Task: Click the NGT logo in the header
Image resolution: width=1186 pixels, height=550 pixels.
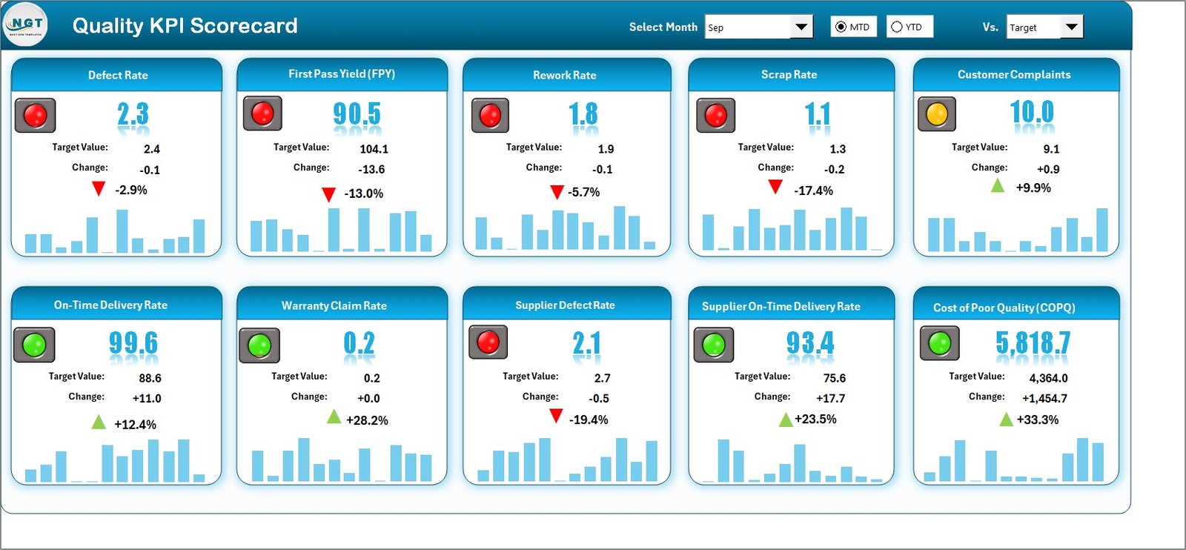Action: [x=26, y=24]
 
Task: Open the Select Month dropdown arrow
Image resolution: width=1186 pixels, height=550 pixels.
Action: [x=801, y=27]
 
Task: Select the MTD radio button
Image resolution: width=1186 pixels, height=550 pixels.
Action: [x=841, y=27]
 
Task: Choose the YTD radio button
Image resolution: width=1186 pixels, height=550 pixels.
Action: [x=897, y=27]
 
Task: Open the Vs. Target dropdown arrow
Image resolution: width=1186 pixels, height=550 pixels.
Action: [x=1071, y=27]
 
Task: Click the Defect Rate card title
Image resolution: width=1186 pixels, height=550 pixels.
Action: [x=118, y=75]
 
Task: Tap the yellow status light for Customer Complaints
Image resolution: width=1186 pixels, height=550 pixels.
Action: [x=937, y=114]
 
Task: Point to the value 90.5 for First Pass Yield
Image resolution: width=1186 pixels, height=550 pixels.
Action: [x=357, y=114]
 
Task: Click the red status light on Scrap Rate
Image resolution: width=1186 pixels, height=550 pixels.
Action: [x=715, y=116]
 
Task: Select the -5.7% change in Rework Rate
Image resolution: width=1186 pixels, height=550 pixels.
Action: [x=583, y=192]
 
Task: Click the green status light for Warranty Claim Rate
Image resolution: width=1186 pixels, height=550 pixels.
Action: [x=259, y=345]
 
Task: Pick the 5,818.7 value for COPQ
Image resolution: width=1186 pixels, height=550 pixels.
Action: [x=1033, y=343]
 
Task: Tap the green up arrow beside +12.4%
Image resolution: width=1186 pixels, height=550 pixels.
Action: [x=99, y=423]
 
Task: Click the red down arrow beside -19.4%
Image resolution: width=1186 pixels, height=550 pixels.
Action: [x=556, y=417]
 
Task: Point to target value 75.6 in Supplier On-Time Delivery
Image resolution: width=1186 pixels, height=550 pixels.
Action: [x=834, y=378]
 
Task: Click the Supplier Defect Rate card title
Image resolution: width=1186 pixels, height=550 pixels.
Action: [x=565, y=305]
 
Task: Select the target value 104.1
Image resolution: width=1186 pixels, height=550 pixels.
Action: [x=374, y=149]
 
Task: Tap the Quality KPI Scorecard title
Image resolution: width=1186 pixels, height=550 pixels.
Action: [x=185, y=26]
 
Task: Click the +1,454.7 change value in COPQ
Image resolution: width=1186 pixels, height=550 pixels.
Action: [x=1044, y=398]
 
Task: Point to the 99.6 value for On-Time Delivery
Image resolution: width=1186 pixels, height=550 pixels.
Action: [x=133, y=343]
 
